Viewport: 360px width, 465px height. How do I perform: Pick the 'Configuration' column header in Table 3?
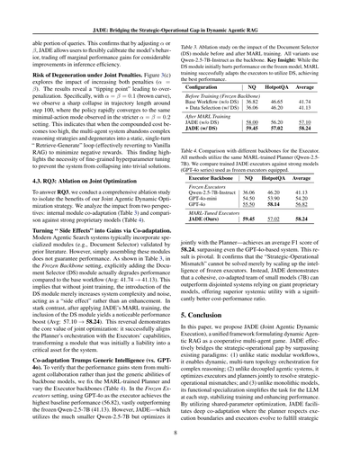218,77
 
